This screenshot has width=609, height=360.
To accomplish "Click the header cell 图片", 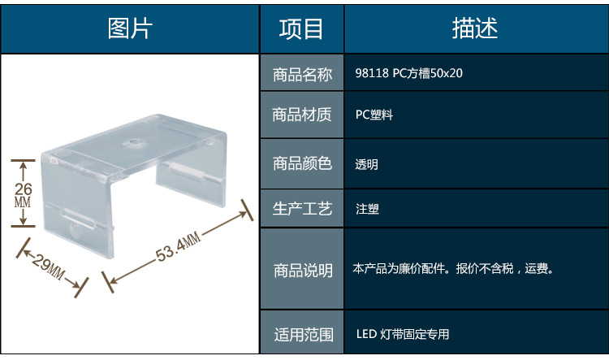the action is [x=130, y=28].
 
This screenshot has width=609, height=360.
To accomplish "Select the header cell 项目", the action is [x=301, y=28].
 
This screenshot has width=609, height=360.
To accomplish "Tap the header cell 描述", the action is [x=475, y=28].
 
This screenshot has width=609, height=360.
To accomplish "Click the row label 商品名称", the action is [x=302, y=75].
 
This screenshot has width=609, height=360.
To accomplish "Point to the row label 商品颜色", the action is [x=302, y=163].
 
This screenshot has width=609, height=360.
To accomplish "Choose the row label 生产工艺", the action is [x=302, y=209].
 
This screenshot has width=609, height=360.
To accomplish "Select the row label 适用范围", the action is [x=302, y=334].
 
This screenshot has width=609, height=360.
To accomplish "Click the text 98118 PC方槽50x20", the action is [x=409, y=75].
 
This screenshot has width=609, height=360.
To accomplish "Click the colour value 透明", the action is [x=367, y=164].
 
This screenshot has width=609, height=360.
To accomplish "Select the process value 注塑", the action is [x=367, y=209].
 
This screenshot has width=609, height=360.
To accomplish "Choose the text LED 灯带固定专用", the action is [x=402, y=334].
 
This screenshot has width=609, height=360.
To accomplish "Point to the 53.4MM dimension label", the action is [x=178, y=246].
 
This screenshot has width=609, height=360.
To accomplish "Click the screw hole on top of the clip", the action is [x=132, y=143].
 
